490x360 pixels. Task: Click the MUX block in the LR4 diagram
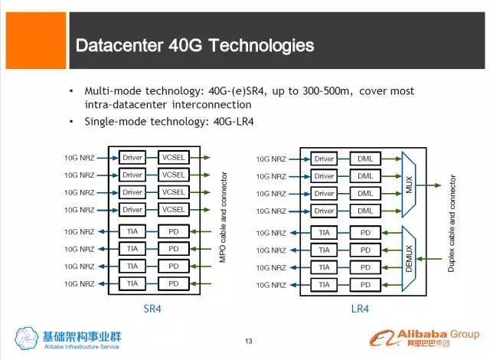(x=409, y=184)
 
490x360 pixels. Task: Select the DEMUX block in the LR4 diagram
(x=409, y=257)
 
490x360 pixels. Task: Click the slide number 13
(x=247, y=342)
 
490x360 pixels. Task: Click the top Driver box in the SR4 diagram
(x=132, y=158)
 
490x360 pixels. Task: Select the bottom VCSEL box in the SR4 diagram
(x=174, y=209)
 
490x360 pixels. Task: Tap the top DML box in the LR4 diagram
(x=365, y=158)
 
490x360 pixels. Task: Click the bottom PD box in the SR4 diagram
(x=174, y=283)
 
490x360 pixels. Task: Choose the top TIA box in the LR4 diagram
(x=324, y=231)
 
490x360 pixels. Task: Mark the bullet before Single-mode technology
(x=72, y=122)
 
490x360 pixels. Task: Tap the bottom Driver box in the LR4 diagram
(x=324, y=209)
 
